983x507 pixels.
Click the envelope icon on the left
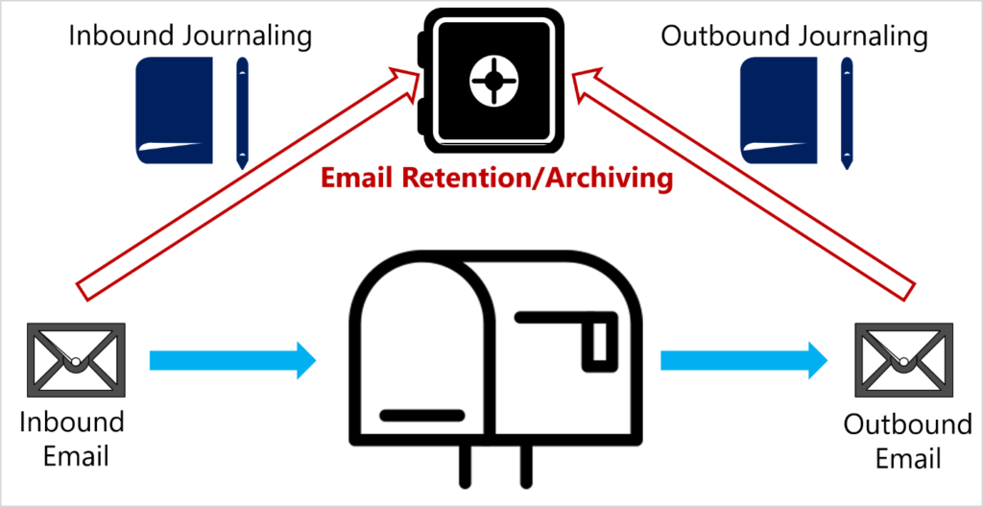76,360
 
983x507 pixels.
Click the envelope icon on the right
903,360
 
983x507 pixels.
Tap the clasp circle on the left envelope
75,362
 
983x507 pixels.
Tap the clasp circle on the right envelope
903,362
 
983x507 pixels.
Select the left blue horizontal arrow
231,360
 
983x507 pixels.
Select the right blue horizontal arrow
743,360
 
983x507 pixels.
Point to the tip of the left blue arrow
315,360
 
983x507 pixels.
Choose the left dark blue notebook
175,110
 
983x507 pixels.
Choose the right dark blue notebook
779,110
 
